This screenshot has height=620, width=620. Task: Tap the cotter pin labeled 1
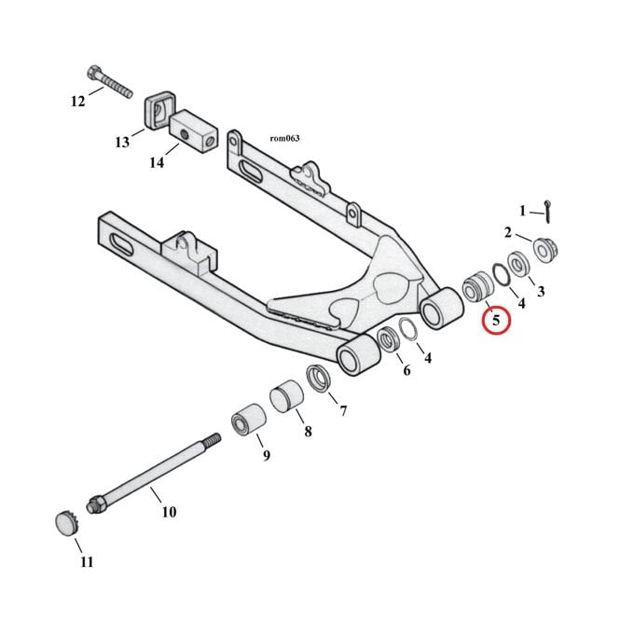click(x=547, y=212)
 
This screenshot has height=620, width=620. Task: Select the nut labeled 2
click(x=545, y=250)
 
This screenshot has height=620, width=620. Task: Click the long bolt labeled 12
click(x=109, y=82)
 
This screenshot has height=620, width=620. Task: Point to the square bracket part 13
click(x=158, y=112)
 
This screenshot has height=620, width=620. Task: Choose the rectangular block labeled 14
click(x=194, y=131)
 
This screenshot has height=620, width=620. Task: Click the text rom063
click(x=284, y=138)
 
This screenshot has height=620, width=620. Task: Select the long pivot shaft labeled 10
click(x=154, y=473)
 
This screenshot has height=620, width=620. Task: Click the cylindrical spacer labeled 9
click(x=249, y=420)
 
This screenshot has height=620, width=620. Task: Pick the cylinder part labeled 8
click(x=286, y=396)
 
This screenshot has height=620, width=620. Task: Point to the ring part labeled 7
click(x=319, y=379)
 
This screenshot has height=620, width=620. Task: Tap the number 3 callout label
click(x=541, y=292)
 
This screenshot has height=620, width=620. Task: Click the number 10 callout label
click(x=169, y=512)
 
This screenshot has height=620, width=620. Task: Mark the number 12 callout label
click(x=78, y=102)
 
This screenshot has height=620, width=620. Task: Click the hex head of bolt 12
click(x=93, y=72)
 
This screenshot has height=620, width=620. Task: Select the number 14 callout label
click(x=157, y=162)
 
